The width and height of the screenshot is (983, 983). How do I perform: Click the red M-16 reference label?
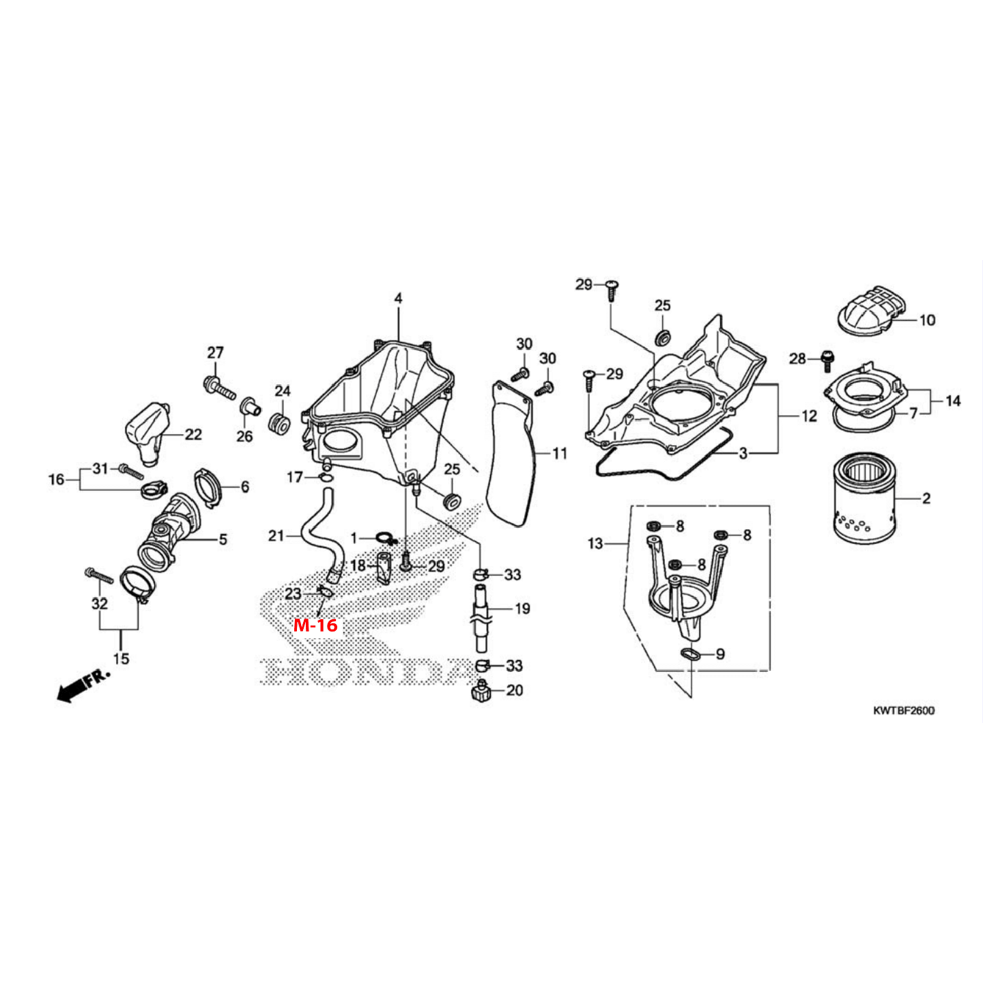pyautogui.click(x=315, y=625)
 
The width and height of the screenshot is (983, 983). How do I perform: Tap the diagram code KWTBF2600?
pyautogui.click(x=903, y=711)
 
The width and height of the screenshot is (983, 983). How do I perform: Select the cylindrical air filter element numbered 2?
pyautogui.click(x=864, y=500)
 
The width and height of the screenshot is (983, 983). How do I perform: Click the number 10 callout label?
pyautogui.click(x=927, y=320)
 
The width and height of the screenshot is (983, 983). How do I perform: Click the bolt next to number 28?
pyautogui.click(x=827, y=360)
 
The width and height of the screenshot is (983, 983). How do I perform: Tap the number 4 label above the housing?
pyautogui.click(x=398, y=298)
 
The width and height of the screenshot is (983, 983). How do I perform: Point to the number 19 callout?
pyautogui.click(x=522, y=608)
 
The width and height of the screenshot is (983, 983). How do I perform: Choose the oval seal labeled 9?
pyautogui.click(x=692, y=655)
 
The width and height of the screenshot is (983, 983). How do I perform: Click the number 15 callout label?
pyautogui.click(x=121, y=659)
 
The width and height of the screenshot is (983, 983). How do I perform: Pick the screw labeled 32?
pyautogui.click(x=99, y=575)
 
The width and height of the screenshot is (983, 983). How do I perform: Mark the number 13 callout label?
pyautogui.click(x=595, y=543)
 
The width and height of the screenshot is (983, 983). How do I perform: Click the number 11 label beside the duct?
pyautogui.click(x=560, y=453)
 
